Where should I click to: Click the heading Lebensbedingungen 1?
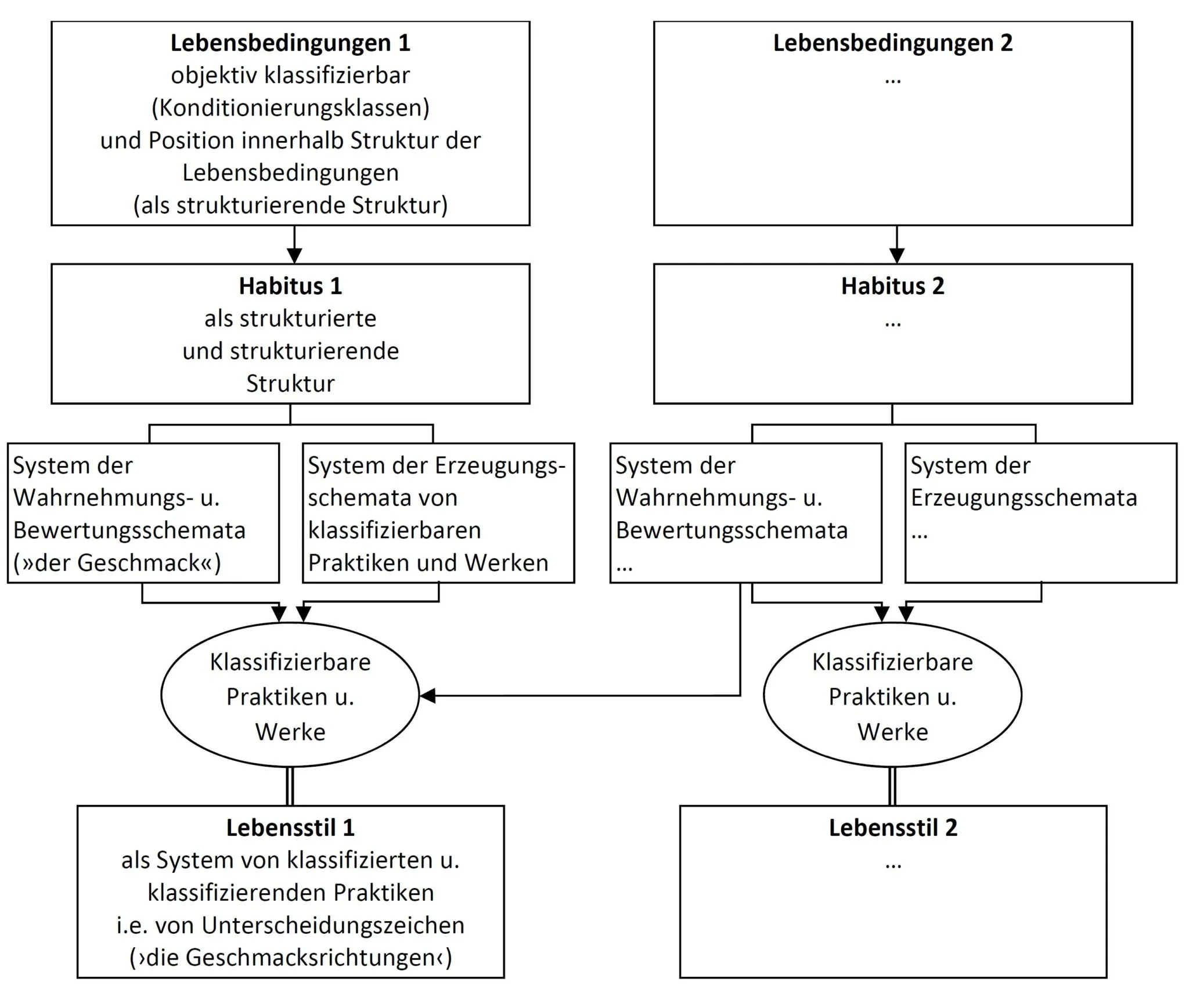click(290, 43)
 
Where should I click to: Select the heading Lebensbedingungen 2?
click(892, 43)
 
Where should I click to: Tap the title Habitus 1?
click(290, 286)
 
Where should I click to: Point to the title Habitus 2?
click(892, 286)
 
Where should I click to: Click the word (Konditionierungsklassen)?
click(290, 108)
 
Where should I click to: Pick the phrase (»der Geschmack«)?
click(117, 563)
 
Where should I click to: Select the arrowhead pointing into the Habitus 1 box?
click(294, 255)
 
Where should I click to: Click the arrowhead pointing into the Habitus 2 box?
click(897, 255)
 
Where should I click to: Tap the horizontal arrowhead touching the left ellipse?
click(428, 695)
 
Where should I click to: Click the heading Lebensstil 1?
click(290, 828)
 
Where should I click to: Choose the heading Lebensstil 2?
click(892, 828)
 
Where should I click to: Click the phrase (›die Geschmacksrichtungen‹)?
click(290, 958)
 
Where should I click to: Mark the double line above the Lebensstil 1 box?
click(290, 786)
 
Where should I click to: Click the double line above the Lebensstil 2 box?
click(892, 786)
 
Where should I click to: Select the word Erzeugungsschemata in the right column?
click(1024, 498)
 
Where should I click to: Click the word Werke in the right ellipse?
click(892, 732)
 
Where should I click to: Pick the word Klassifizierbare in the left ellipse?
click(290, 662)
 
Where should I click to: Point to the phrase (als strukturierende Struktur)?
click(290, 205)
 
